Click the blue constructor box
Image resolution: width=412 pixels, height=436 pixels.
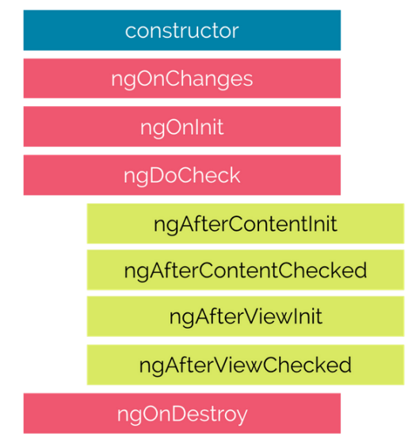182,30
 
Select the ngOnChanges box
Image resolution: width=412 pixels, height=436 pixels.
182,78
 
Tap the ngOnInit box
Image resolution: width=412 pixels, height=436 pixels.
182,127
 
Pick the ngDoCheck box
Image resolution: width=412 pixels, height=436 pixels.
182,175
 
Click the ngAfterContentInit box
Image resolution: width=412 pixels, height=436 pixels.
246,224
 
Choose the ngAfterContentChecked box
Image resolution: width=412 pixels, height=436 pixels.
246,270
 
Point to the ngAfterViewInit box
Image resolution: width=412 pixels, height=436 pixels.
246,316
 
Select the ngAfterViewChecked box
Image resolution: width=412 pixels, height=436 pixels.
246,365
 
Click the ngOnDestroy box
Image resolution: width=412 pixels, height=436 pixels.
182,414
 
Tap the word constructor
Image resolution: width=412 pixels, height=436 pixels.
182,30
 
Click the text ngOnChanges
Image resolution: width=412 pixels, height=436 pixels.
182,80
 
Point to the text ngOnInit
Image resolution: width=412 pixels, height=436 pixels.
182,128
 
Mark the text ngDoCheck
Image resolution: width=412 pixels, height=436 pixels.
182,177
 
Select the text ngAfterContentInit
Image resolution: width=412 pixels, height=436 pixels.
246,225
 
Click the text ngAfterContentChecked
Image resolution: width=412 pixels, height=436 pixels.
246,271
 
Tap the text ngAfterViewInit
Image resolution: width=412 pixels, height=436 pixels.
246,318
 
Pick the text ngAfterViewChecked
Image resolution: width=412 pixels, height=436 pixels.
246,366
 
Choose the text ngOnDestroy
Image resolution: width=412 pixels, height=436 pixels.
182,415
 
